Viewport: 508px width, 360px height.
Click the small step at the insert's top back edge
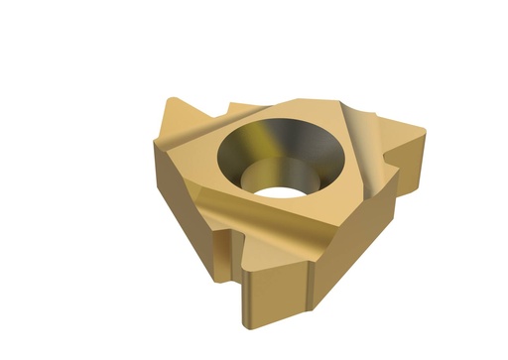pos(238,106)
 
